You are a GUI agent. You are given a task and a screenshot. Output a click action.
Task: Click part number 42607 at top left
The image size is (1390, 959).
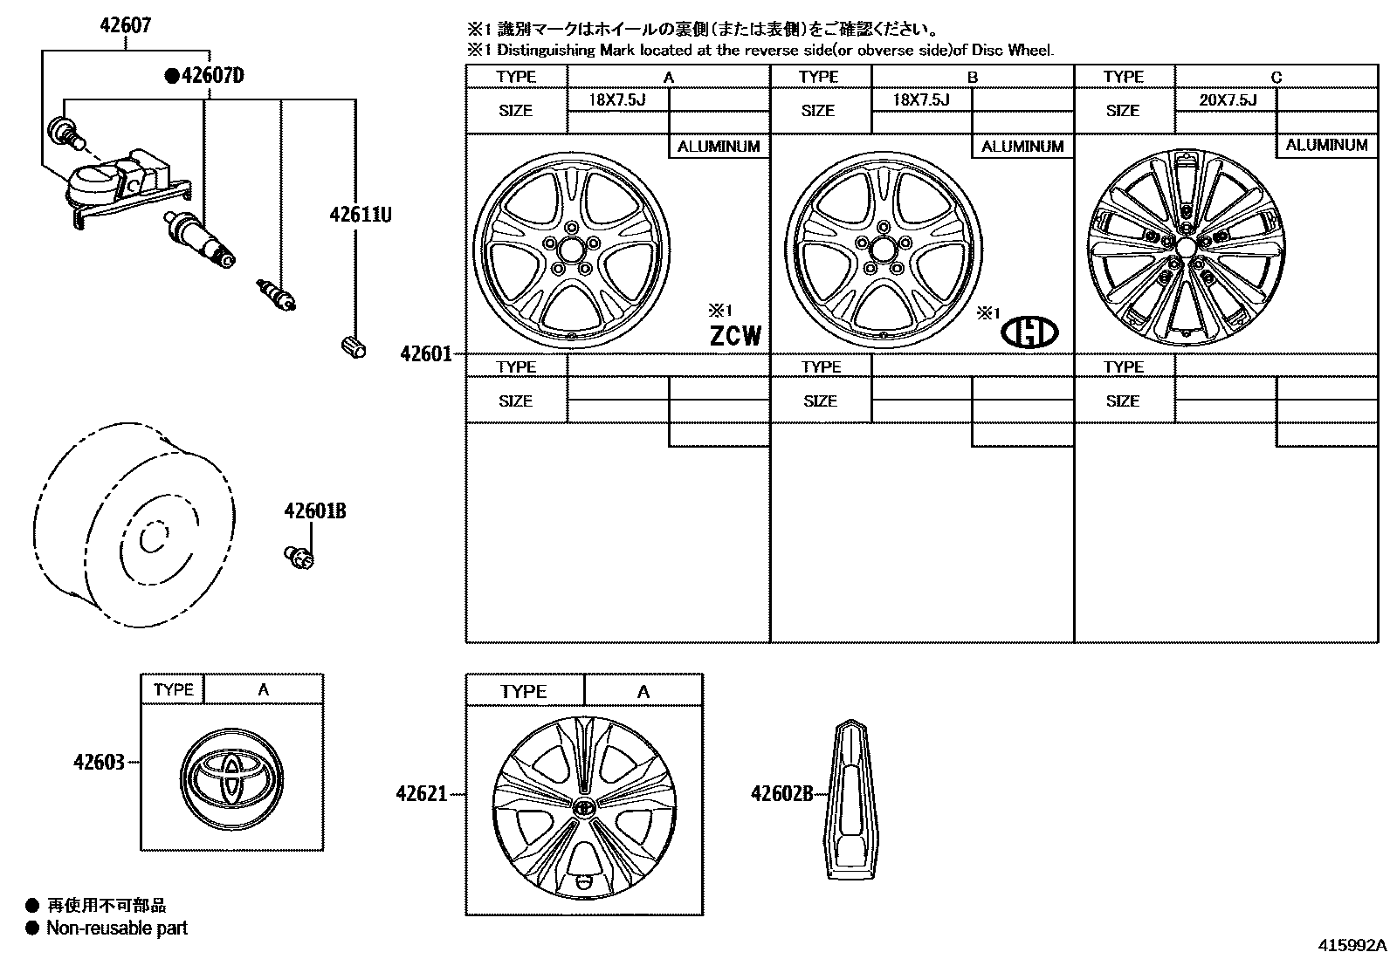(124, 25)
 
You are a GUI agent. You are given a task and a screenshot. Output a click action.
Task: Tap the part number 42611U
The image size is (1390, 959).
(360, 213)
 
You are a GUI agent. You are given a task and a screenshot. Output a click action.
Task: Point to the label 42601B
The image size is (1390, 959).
(314, 511)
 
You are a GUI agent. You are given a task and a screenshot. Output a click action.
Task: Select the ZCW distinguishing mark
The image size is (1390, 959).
(735, 336)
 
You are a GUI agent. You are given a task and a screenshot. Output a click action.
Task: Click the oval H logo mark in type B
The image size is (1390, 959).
(1029, 332)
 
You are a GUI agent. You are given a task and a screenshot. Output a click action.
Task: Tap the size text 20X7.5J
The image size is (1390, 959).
(1227, 100)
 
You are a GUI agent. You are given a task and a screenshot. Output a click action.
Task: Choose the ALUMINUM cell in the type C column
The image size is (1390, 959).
(1326, 146)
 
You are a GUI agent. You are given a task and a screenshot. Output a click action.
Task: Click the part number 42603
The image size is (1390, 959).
(99, 763)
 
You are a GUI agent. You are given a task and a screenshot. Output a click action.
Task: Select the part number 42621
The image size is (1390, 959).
(421, 794)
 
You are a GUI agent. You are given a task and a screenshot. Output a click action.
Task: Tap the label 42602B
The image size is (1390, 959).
(781, 793)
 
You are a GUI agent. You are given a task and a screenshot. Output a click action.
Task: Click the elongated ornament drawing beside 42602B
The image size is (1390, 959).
(850, 799)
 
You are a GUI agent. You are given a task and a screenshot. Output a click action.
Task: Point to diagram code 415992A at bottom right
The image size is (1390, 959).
(1352, 945)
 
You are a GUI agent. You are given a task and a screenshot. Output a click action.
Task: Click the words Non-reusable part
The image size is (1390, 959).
(117, 928)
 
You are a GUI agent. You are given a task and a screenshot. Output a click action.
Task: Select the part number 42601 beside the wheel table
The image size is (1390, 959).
(425, 354)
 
